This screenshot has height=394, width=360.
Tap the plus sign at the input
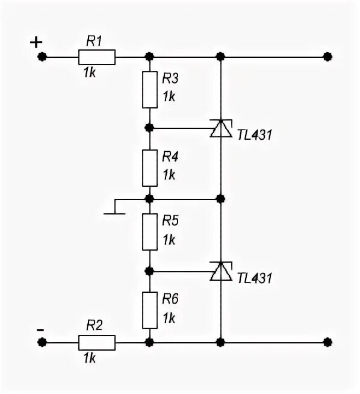(x=36, y=42)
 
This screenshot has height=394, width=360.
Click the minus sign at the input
(x=40, y=330)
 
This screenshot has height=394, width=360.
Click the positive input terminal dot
(x=42, y=57)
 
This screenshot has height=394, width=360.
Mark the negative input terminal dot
(x=42, y=342)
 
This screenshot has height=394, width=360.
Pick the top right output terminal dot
(x=327, y=57)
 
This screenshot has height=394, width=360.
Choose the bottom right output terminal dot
(x=327, y=342)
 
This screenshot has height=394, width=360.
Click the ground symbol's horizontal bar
(x=114, y=214)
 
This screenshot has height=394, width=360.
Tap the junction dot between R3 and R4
(x=149, y=128)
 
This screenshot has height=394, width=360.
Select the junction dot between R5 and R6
(x=149, y=271)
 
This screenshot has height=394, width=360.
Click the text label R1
(x=94, y=41)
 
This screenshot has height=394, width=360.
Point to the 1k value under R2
(x=90, y=358)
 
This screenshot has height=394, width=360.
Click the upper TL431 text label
(x=254, y=135)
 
